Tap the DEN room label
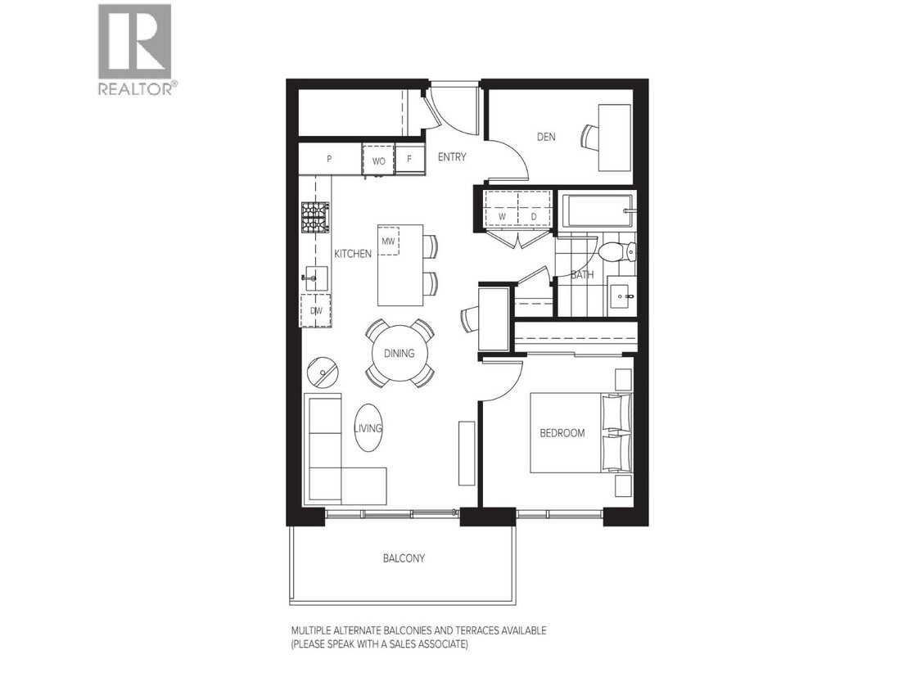(546, 137)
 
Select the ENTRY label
(451, 157)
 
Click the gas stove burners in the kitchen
(314, 217)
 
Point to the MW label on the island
(388, 242)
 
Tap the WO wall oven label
(378, 160)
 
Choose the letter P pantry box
(329, 160)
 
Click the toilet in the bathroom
(611, 250)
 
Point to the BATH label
(582, 275)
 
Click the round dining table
(400, 354)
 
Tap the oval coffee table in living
(368, 427)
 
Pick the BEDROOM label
(562, 433)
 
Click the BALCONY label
(404, 558)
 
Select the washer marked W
(502, 217)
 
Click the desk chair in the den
(590, 137)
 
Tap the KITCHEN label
(353, 254)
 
